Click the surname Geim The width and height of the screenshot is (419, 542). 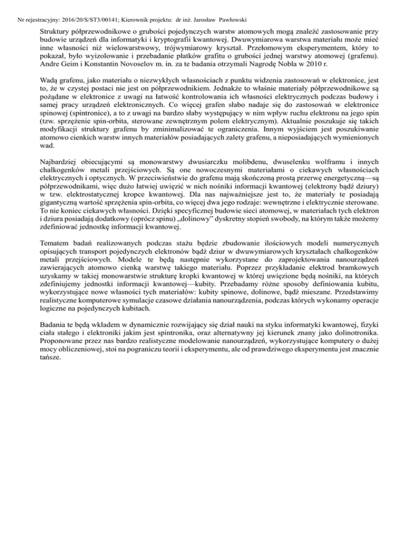(70, 65)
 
